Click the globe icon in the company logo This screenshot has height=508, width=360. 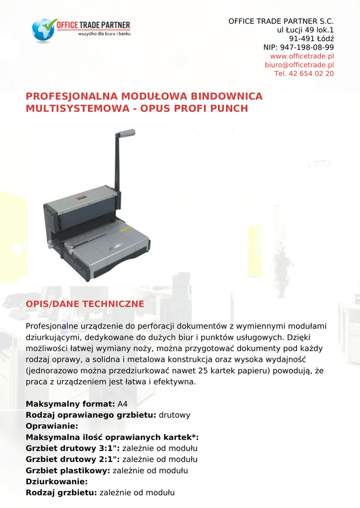click(x=43, y=30)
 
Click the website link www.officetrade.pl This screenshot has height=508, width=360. click(x=301, y=56)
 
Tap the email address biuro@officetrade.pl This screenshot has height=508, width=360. click(x=299, y=65)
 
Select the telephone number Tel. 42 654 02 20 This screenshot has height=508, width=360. click(x=304, y=74)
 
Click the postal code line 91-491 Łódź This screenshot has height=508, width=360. click(x=311, y=39)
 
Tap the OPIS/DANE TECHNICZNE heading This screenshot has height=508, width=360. click(x=85, y=304)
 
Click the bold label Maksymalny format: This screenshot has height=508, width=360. click(x=70, y=404)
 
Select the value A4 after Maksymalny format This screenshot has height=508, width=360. click(x=123, y=404)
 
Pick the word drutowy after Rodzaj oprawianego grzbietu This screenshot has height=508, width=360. click(x=174, y=415)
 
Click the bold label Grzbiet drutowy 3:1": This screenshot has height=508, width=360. click(x=72, y=448)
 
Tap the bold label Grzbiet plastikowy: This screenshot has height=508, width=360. click(x=68, y=471)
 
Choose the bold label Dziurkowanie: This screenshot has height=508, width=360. click(x=57, y=482)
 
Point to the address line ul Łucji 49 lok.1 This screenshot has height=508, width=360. click(x=305, y=30)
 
